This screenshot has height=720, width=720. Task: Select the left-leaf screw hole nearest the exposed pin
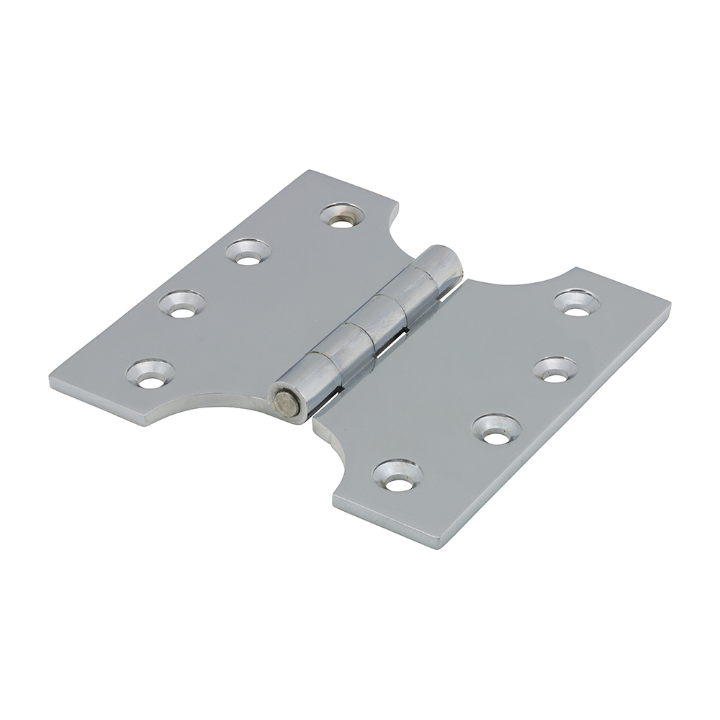[x=150, y=373]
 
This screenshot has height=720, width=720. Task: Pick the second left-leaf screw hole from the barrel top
[x=248, y=251]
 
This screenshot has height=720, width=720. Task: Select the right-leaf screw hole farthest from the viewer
[x=577, y=302]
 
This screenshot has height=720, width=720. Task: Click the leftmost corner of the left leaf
[x=52, y=380]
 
